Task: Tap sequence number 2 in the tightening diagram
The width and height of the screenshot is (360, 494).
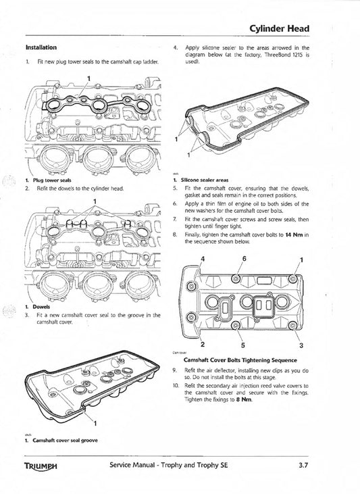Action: [202, 342]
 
